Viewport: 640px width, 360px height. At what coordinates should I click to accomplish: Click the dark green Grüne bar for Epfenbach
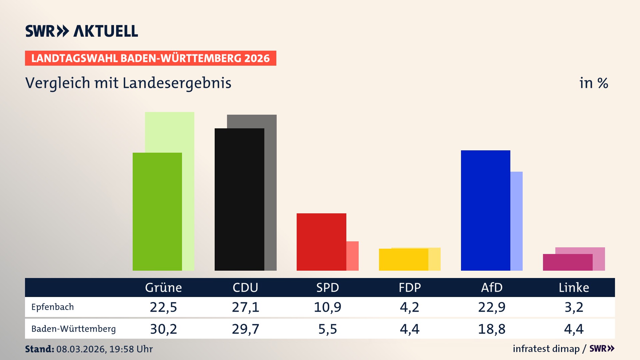coord(157,212)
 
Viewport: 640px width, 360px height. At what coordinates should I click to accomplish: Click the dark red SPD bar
coord(321,242)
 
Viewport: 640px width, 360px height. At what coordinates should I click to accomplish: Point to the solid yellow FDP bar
coord(403,260)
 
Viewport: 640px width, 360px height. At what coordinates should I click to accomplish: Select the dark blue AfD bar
coord(485,210)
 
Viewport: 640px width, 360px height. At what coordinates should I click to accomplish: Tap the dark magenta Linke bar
coord(567,262)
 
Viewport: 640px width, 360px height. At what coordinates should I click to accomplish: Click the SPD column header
coord(327,287)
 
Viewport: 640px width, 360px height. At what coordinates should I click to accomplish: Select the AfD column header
coord(492,287)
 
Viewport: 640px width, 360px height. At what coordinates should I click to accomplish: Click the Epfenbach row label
coord(53,307)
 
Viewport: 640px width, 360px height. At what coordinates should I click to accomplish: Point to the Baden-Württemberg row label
coord(73,329)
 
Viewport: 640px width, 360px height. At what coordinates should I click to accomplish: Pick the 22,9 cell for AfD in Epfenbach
coord(492,307)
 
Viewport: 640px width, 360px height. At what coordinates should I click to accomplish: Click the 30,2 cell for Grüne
coord(163,329)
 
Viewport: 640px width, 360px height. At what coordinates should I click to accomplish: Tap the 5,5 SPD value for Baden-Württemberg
coord(327,329)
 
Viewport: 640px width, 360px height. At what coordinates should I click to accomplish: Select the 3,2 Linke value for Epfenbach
coord(574,307)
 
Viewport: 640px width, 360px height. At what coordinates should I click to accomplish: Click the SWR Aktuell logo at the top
coord(81,31)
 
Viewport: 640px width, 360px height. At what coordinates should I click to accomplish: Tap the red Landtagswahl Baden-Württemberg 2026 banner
coord(150,58)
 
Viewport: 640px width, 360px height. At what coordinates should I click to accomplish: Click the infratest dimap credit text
coord(546,349)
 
